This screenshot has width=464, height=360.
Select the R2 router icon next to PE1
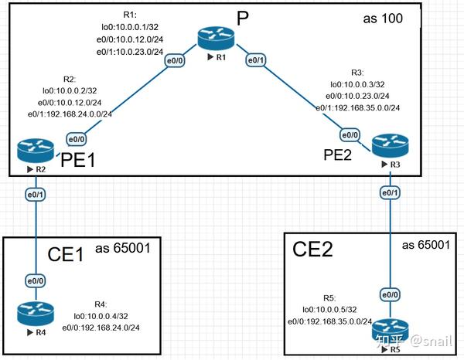tap(36, 151)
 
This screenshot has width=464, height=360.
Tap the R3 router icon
tap(387, 145)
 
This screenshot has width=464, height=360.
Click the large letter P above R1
tap(241, 19)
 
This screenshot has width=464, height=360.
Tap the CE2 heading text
tap(314, 249)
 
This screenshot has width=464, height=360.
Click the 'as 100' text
tap(383, 18)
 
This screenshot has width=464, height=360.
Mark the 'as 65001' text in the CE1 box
tap(127, 248)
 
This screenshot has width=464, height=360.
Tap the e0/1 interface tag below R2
tap(36, 194)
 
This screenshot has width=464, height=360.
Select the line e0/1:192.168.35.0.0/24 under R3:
tap(362, 107)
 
